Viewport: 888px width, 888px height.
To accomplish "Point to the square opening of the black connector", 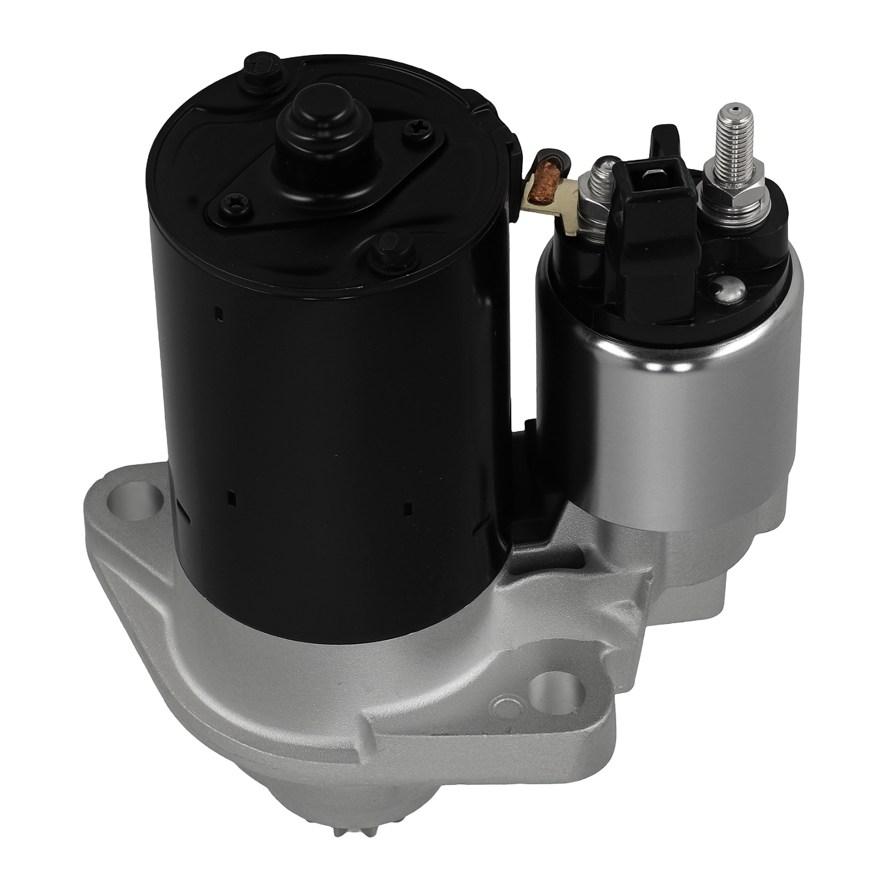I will [x=656, y=176].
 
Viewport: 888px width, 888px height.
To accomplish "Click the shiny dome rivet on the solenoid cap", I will [x=727, y=289].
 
